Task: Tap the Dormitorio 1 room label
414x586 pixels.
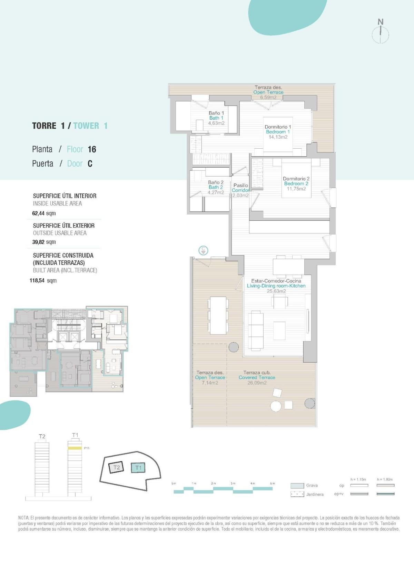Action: point(278,127)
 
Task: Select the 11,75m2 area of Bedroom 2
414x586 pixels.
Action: point(296,189)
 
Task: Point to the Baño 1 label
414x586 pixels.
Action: point(216,113)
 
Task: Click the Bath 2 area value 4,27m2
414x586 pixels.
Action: point(216,192)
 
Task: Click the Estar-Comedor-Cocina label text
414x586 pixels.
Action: point(276,281)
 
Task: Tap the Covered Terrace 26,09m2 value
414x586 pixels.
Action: point(257,383)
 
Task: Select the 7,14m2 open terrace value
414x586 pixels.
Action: point(210,383)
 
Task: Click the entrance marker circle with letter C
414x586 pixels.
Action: point(204,250)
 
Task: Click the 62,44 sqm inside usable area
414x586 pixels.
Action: point(44,213)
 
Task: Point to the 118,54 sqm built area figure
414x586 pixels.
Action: point(43,280)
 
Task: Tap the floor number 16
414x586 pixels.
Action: point(92,149)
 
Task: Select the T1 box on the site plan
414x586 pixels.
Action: point(138,468)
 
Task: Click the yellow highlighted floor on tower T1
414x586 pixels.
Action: point(75,448)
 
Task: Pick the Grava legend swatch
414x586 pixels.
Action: point(297,486)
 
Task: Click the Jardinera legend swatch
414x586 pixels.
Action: point(297,494)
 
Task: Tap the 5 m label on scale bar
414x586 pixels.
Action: point(272,483)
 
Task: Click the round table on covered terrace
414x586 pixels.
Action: point(276,406)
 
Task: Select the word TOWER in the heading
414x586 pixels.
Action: point(86,126)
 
